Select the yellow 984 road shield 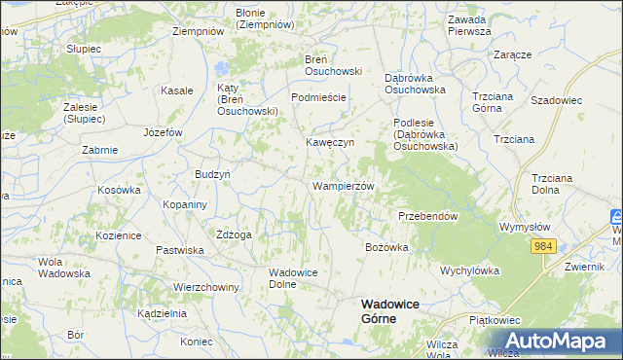coord(543,247)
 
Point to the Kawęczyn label coord(329,142)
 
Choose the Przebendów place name coord(427,216)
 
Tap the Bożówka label coord(386,247)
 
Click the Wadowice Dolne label coord(295,278)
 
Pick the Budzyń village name coord(212,173)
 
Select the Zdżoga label coord(235,234)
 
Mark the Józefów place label coord(163,131)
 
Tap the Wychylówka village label coord(469,270)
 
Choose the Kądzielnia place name coord(162,314)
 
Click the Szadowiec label coord(556,99)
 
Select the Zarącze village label coord(512,55)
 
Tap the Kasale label coord(176,90)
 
